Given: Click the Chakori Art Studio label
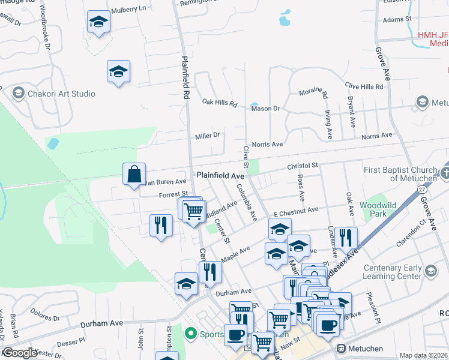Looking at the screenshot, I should coord(61,94).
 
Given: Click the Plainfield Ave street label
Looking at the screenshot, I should coord(220,176).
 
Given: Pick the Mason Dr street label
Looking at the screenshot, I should coord(265,109).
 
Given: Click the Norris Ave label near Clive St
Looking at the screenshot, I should coord(267,145).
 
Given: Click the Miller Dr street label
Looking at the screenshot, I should coord(208,136).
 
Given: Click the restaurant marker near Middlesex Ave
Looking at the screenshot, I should coord(345,239).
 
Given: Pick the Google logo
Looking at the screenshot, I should coord(20,353).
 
